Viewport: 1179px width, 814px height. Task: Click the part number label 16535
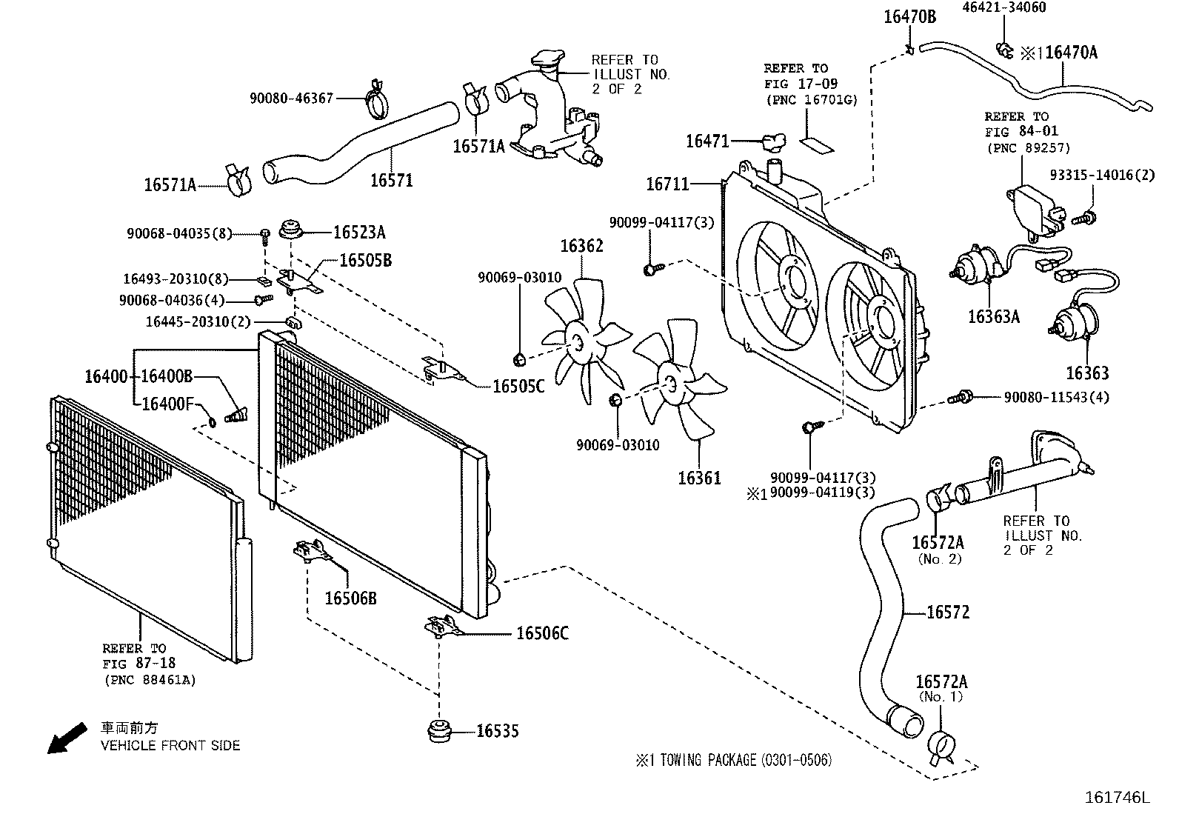(x=497, y=731)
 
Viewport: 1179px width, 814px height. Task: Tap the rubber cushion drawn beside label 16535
(x=440, y=729)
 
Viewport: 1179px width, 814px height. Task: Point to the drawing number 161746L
(x=1118, y=797)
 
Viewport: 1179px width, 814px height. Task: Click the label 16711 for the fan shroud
(x=667, y=184)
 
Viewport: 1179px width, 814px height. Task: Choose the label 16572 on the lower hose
(x=948, y=612)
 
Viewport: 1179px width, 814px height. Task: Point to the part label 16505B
(x=366, y=260)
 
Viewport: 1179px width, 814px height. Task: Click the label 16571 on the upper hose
(x=391, y=180)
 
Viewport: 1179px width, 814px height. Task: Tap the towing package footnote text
(x=732, y=759)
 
